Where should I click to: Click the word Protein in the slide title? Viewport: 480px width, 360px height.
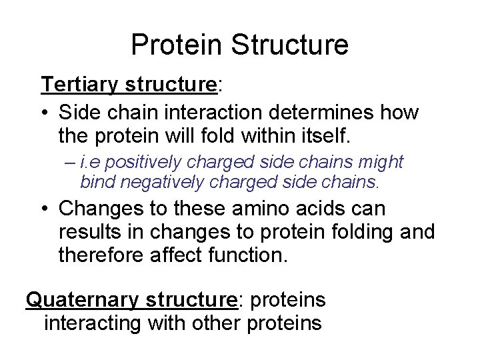click(177, 45)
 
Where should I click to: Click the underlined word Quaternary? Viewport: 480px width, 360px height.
click(80, 300)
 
